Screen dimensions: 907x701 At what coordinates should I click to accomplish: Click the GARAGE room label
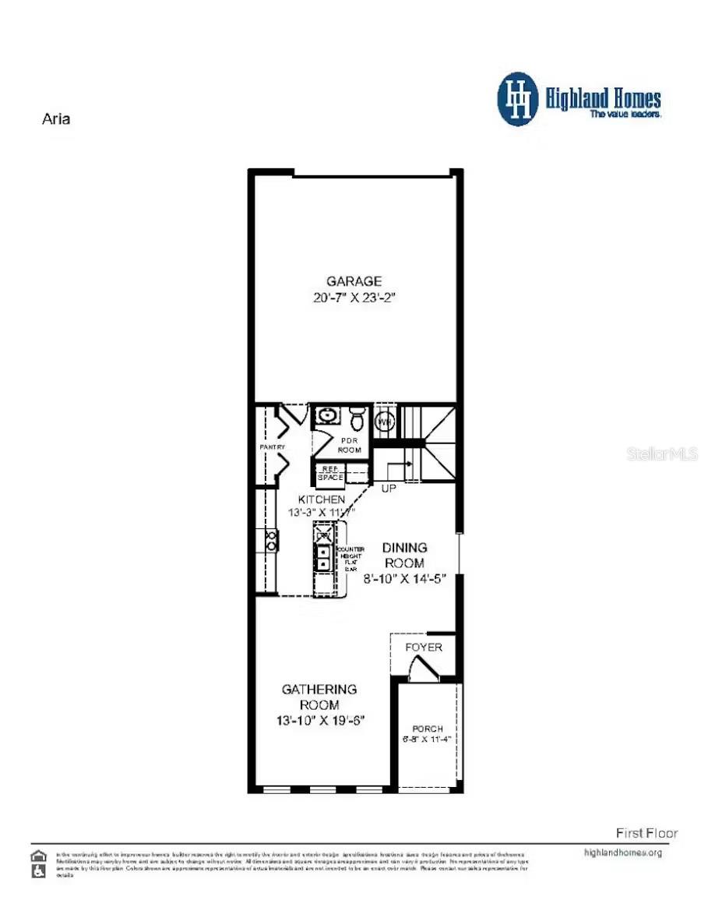point(354,281)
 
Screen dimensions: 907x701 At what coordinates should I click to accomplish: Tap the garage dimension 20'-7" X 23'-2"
point(354,297)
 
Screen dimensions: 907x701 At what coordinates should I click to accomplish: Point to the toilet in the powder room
point(358,419)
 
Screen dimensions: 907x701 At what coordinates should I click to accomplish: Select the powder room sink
point(327,415)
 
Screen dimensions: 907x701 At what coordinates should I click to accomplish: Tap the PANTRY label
point(272,446)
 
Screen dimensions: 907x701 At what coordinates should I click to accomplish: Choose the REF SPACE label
point(327,472)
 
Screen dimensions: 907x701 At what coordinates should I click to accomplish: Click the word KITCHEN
point(321,499)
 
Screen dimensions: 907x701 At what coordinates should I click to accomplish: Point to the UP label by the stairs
point(388,489)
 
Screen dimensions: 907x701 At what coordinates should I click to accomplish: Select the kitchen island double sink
point(322,556)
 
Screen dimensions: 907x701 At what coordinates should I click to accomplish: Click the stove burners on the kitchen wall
point(271,541)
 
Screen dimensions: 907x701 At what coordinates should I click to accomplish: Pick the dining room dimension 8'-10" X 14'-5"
point(404,579)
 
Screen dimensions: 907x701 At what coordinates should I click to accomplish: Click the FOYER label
point(424,648)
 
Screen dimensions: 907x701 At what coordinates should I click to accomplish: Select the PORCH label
point(428,729)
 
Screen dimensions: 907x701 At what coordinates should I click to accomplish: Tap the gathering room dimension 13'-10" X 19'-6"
point(320,722)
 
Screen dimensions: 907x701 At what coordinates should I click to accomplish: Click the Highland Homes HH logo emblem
point(518,99)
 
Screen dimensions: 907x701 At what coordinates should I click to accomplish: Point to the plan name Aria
point(55,119)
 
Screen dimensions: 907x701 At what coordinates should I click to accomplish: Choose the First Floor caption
point(646,833)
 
